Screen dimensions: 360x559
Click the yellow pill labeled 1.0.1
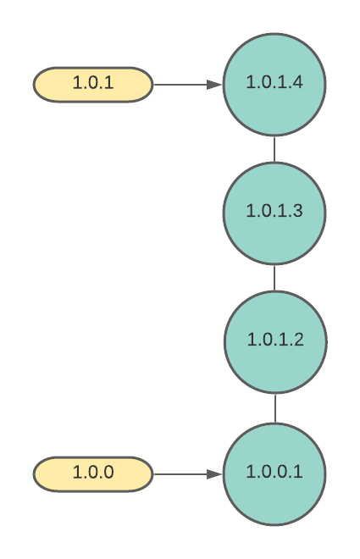(93, 85)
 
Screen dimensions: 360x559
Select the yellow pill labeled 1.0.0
(93, 473)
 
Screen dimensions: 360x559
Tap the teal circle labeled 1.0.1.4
(274, 85)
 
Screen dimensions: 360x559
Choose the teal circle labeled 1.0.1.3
(274, 213)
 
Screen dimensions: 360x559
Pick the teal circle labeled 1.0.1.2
(275, 342)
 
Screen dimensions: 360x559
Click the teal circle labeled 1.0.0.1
(274, 473)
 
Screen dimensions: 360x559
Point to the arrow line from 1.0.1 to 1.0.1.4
(188, 85)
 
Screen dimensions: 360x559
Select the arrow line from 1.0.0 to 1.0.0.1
(188, 474)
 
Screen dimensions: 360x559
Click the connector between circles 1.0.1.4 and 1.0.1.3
(274, 149)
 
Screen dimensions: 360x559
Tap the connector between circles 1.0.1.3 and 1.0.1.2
(274, 278)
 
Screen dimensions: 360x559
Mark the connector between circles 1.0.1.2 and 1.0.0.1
(275, 408)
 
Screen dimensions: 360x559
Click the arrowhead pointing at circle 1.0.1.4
(214, 85)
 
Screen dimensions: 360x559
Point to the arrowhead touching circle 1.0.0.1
(214, 474)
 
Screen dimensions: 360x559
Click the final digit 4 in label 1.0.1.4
(298, 82)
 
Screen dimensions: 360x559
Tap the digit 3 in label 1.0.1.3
(298, 210)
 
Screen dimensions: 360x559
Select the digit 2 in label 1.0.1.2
(299, 340)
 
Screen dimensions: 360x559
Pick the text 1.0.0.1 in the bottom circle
(274, 472)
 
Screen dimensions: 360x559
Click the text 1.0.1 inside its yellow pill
(93, 82)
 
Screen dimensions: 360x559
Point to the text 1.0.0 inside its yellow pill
(93, 472)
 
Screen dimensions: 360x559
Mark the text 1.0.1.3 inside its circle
(274, 210)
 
